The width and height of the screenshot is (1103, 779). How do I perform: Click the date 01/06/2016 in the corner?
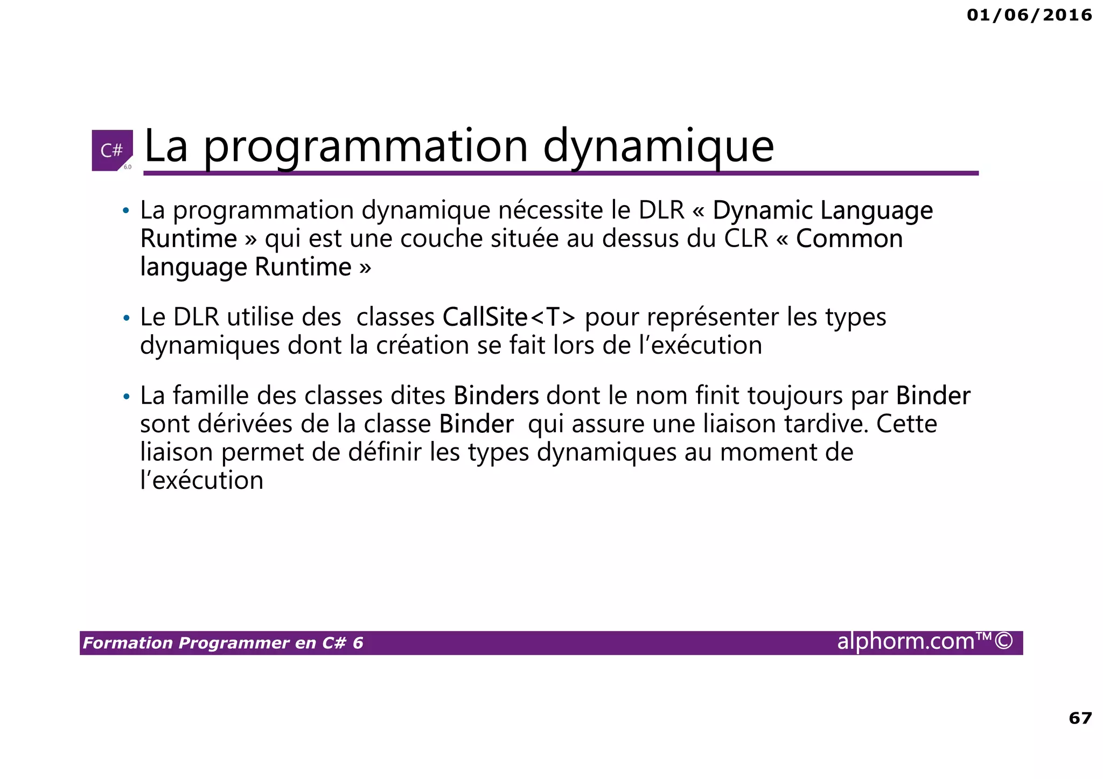click(1029, 15)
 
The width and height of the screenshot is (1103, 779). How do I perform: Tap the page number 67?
click(1080, 718)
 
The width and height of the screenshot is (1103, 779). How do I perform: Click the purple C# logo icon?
click(112, 150)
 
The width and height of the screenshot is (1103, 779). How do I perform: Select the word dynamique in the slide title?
click(658, 146)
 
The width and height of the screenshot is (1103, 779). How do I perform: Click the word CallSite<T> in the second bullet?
click(509, 317)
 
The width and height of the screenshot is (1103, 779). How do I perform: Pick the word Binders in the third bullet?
click(496, 396)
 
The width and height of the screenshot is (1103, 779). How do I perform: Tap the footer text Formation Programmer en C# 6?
click(223, 643)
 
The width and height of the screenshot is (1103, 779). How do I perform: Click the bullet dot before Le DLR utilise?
click(126, 318)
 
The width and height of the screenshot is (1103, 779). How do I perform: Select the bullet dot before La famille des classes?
click(126, 397)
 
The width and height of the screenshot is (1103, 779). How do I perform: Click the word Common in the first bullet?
click(849, 238)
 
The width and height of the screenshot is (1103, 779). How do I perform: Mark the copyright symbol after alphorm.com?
click(1004, 641)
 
